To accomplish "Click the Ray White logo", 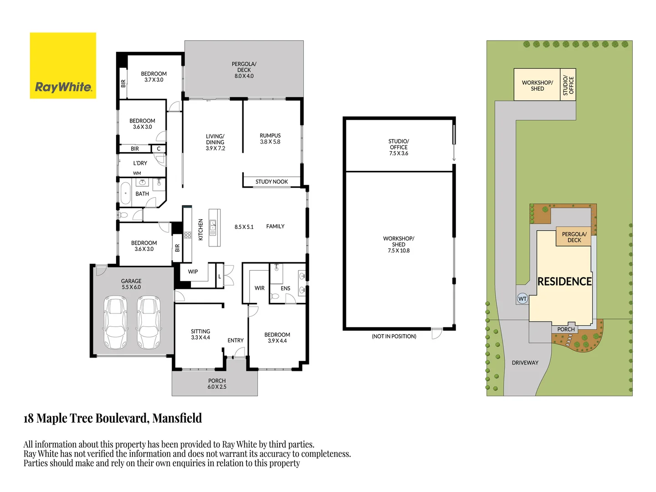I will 63,66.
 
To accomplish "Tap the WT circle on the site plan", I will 522,299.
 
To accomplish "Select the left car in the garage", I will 115,323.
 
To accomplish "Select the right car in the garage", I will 149,323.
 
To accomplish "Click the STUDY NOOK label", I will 272,182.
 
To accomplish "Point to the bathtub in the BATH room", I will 125,193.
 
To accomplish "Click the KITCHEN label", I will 201,229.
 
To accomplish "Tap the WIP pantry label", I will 193,272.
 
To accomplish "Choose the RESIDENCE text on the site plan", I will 564,282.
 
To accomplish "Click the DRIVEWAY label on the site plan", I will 525,363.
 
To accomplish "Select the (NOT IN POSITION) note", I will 394,336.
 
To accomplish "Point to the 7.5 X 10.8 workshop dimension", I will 399,251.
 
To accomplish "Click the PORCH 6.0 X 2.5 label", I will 217,384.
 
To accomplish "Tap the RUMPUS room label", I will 270,136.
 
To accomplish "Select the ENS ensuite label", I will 286,288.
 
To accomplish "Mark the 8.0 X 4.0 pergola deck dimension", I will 244,76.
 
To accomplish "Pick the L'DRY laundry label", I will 140,163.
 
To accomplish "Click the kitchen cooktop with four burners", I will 188,235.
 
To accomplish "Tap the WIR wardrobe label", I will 260,288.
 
